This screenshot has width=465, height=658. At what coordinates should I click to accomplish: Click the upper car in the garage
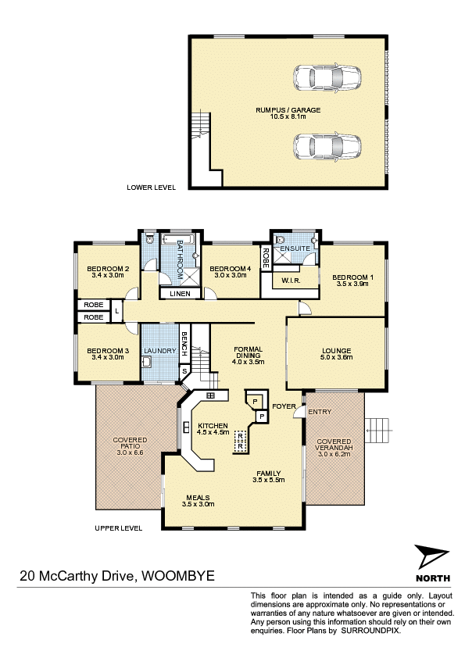click(x=327, y=78)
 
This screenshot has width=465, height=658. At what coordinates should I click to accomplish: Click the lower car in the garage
click(x=327, y=147)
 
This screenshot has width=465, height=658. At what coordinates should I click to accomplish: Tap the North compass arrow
click(x=431, y=557)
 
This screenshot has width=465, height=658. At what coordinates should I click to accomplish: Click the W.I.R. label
click(x=291, y=281)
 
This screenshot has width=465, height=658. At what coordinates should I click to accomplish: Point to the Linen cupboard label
click(x=180, y=294)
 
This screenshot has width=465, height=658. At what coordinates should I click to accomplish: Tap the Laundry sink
click(x=147, y=362)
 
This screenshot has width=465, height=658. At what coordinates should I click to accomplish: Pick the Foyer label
click(x=284, y=406)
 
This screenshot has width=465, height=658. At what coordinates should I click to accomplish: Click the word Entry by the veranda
click(x=320, y=412)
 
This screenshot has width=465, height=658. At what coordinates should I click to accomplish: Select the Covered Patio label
click(x=130, y=443)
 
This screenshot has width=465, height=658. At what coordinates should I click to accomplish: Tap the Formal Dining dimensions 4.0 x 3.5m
click(x=248, y=362)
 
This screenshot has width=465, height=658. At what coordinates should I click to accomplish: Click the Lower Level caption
click(x=151, y=188)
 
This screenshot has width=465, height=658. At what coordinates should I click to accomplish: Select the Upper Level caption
click(x=119, y=528)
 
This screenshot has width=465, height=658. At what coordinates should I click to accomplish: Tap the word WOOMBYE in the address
click(x=178, y=575)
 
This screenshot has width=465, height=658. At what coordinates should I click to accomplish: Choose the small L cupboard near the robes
click(x=117, y=311)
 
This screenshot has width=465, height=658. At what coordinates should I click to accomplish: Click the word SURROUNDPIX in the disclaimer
click(x=370, y=631)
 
